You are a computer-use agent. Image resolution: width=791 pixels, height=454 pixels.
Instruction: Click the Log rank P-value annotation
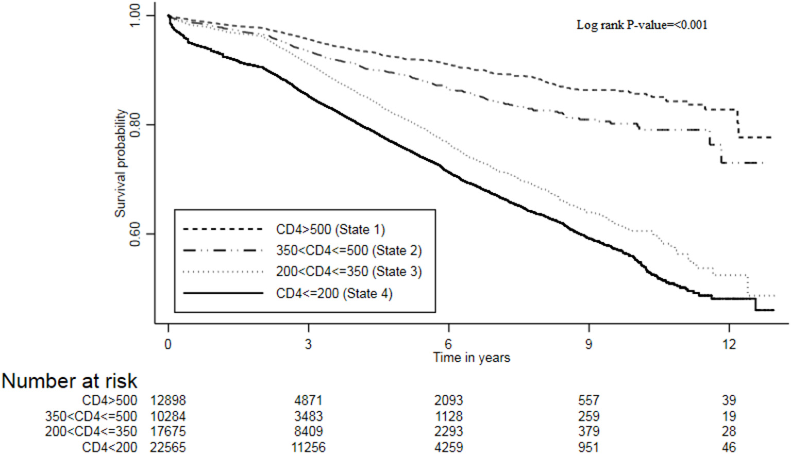(x=642, y=25)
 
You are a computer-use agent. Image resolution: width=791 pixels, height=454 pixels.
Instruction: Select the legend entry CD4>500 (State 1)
(x=330, y=229)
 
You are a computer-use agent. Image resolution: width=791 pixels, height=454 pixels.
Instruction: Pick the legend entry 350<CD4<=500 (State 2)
(x=349, y=251)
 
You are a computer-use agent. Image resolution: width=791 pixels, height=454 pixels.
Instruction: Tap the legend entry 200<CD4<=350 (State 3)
(x=349, y=272)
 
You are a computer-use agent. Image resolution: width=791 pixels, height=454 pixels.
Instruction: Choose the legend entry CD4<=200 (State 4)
(x=334, y=294)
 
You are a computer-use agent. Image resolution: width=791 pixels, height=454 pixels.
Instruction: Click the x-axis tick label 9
(x=588, y=344)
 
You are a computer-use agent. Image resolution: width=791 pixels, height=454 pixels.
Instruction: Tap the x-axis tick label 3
(x=308, y=344)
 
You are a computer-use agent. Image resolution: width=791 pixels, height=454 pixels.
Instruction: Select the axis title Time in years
(x=472, y=358)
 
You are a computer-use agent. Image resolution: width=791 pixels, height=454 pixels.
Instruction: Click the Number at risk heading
(x=70, y=381)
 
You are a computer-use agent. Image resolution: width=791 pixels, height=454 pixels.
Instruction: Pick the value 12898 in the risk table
(x=168, y=400)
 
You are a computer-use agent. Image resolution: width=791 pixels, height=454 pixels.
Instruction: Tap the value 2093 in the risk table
(x=448, y=400)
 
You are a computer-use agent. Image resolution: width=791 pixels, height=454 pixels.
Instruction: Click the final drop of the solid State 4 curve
(x=755, y=304)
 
